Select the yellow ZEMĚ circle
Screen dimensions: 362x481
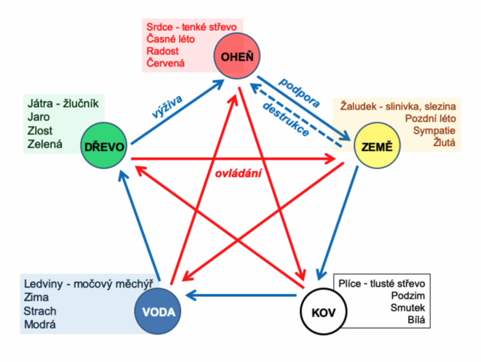tap(378, 147)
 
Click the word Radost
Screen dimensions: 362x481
tap(163, 51)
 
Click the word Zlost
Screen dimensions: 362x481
tap(40, 130)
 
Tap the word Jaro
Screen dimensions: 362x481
tap(38, 116)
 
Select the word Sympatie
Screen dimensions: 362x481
tap(435, 131)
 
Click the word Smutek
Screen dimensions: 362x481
tap(408, 308)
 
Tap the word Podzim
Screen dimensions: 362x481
tap(407, 295)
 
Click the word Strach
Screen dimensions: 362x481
tap(39, 311)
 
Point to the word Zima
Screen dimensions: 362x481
tap(36, 297)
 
